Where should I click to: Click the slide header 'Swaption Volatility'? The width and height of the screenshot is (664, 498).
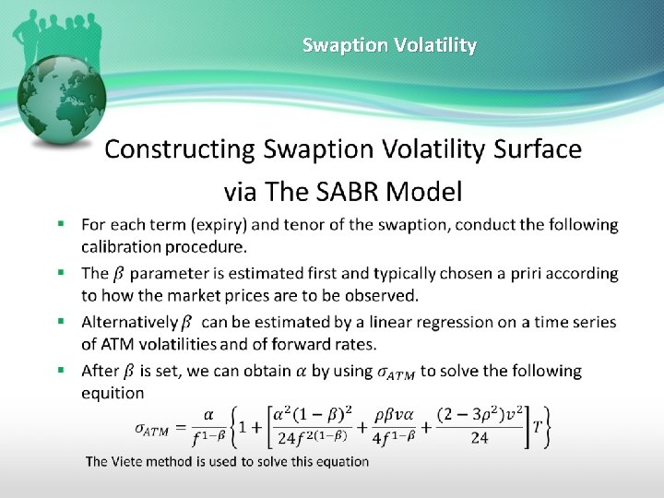point(389,45)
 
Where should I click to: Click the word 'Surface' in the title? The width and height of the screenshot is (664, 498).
point(539,149)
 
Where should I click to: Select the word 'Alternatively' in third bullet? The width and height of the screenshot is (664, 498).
point(128,322)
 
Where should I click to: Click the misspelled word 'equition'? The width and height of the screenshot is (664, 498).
point(113,393)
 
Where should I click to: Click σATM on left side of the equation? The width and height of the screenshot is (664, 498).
point(157,428)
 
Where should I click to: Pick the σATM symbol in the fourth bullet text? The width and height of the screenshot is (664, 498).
point(397,372)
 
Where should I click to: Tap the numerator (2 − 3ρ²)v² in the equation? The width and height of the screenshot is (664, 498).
point(479,417)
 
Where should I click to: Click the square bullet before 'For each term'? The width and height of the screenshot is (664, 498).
point(61,224)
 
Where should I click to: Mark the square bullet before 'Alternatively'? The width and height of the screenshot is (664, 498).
point(61,322)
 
